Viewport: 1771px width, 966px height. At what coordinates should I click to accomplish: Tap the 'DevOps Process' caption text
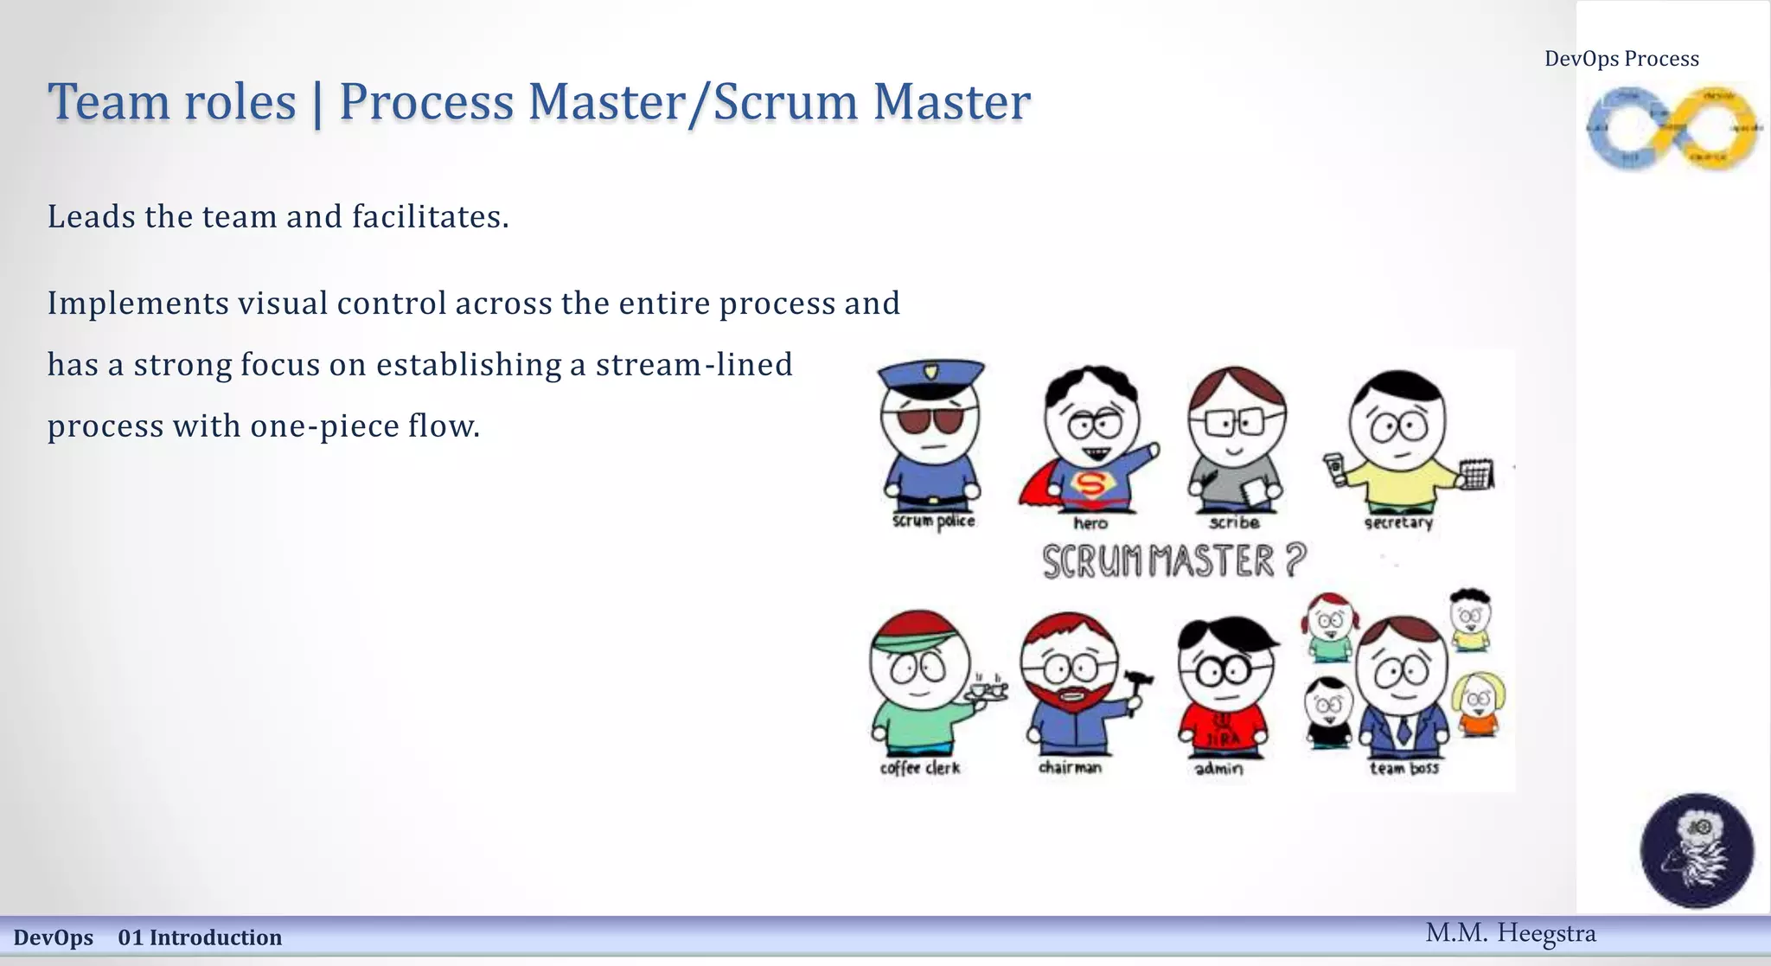(x=1621, y=59)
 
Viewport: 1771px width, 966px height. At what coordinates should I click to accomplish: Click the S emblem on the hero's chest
(x=1091, y=485)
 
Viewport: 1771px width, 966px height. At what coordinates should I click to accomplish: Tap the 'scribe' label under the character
(x=1234, y=522)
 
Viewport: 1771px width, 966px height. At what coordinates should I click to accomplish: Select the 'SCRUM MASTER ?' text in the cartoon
(x=1173, y=560)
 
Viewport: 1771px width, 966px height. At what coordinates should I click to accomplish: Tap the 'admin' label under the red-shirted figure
(x=1218, y=768)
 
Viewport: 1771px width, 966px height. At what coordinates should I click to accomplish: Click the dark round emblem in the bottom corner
(x=1697, y=850)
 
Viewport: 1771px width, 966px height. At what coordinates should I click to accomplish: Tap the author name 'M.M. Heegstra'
(x=1510, y=933)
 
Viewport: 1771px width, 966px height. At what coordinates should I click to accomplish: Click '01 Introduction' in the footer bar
(x=200, y=937)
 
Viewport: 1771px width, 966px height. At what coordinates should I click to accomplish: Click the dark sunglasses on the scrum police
(x=931, y=420)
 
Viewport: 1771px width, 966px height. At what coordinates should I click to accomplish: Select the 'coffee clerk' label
(x=919, y=768)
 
